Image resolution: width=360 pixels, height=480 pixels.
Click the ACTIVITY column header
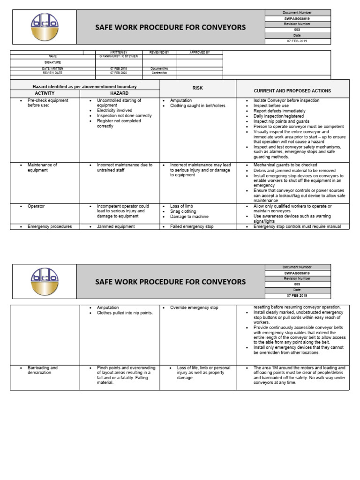[45, 93]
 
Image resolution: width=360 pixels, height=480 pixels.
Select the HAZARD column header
[119, 93]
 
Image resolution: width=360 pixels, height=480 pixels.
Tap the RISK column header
[197, 88]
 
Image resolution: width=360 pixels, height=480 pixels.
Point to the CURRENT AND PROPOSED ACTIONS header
[292, 91]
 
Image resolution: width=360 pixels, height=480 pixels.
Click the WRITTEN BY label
[119, 52]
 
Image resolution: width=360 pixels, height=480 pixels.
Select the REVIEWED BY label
[159, 52]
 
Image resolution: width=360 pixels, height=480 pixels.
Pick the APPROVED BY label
[200, 52]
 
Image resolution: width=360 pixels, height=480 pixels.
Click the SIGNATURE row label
[52, 62]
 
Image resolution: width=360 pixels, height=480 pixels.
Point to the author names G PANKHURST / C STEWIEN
[119, 57]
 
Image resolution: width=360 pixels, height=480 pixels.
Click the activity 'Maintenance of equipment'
[42, 168]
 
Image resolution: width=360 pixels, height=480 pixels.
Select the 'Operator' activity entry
[36, 206]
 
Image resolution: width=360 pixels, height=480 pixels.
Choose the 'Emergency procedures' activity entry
[50, 227]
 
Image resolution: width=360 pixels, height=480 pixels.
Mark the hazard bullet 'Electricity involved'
[114, 111]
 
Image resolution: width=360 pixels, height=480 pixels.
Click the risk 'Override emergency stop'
[194, 307]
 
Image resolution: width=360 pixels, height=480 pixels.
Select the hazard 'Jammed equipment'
[116, 227]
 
